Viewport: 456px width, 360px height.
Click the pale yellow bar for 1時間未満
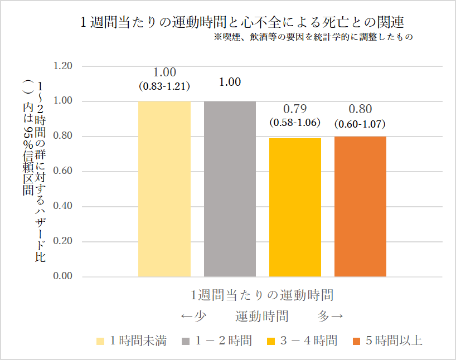click(x=164, y=189)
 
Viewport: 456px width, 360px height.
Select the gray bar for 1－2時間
click(x=230, y=189)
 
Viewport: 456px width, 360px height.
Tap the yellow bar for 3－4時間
click(x=295, y=207)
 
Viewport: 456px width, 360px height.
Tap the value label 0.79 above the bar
click(x=295, y=109)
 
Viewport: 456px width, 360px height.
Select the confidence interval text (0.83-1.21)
click(x=164, y=86)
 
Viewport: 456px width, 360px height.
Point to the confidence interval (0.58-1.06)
click(x=295, y=122)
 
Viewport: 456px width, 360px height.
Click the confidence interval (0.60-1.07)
click(x=360, y=124)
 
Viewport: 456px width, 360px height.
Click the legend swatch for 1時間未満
click(x=100, y=341)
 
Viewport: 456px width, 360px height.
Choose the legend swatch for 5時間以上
click(x=357, y=341)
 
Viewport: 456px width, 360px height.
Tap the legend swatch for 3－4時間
click(x=271, y=341)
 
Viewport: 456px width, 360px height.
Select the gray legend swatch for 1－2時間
click(x=186, y=341)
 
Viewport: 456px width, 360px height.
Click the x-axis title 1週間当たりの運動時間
click(x=262, y=294)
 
